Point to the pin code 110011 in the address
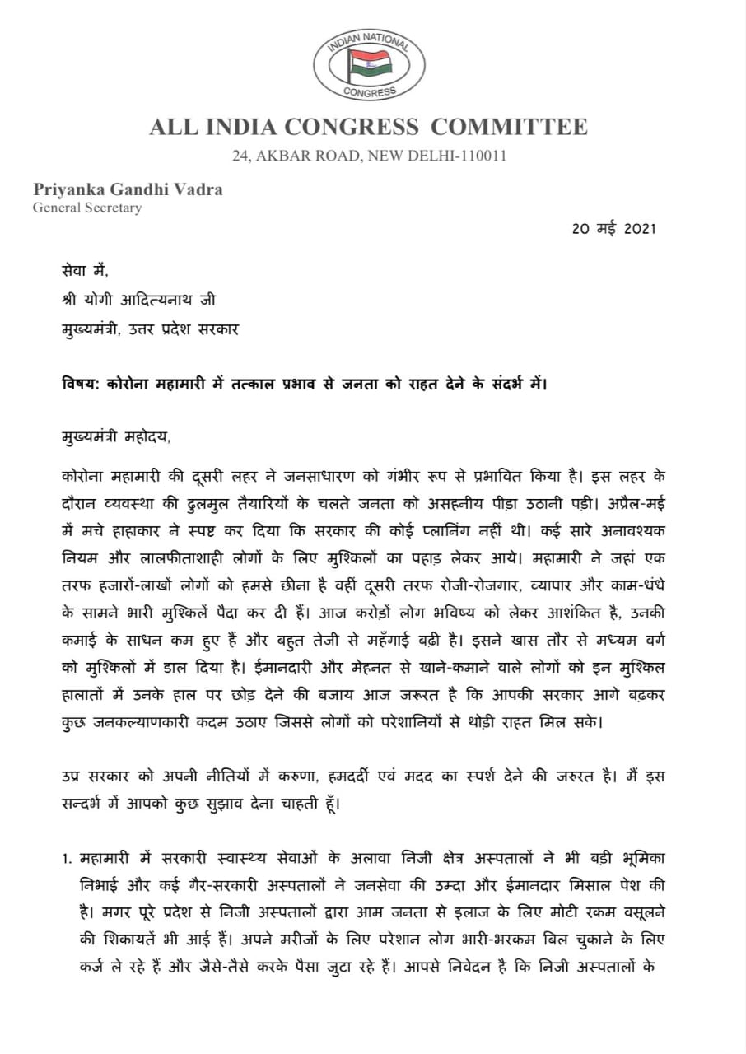coord(477,155)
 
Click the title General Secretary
coord(86,208)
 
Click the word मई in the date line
coord(604,230)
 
